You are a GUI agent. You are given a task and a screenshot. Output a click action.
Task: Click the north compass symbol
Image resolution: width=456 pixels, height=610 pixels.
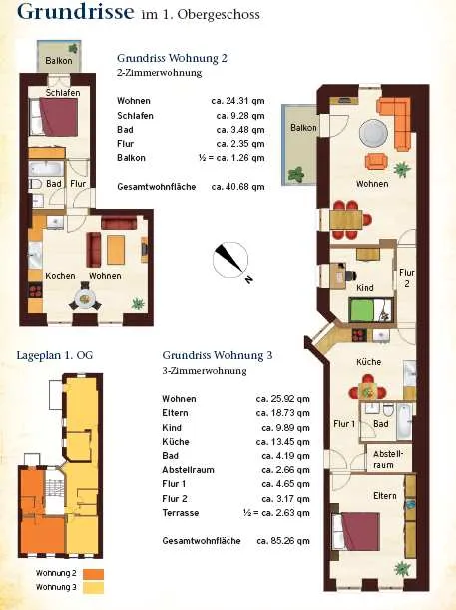coord(230,260)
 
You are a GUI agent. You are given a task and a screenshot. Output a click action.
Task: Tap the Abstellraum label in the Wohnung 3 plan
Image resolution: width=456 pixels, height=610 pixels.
coord(388,459)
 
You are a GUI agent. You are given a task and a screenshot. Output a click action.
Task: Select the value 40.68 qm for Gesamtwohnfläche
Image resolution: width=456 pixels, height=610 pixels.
coord(237,187)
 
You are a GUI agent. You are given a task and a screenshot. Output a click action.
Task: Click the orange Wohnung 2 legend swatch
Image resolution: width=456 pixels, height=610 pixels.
coord(94,574)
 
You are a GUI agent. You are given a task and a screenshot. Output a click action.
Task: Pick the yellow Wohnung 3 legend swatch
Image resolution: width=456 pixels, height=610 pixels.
coord(94,587)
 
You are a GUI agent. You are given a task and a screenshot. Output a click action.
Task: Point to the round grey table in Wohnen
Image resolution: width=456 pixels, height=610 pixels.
coord(373,133)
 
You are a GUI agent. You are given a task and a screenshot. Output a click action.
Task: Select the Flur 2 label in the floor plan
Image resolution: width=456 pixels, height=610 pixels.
coord(407,278)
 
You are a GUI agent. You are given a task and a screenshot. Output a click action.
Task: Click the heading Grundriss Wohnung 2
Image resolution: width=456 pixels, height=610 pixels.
coord(172,58)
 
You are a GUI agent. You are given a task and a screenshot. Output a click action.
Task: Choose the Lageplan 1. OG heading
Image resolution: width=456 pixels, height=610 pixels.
coord(55,355)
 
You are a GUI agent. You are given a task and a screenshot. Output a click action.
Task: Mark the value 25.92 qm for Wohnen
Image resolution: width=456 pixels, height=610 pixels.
coord(283,399)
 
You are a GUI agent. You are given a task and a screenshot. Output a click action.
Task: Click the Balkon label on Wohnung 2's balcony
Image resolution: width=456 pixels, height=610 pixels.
coord(59,60)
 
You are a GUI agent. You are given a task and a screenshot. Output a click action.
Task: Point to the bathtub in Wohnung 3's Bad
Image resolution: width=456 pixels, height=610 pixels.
coord(404,421)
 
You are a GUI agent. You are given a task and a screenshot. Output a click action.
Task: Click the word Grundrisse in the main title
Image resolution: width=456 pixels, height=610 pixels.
coord(76,11)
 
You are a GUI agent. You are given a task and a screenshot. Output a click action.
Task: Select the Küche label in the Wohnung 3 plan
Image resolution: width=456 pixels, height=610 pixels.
coord(368,362)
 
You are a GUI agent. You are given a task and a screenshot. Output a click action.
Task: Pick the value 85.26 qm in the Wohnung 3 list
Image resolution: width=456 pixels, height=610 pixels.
coord(283,541)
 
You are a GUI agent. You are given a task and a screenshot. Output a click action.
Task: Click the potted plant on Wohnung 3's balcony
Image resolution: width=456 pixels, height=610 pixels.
coord(296,174)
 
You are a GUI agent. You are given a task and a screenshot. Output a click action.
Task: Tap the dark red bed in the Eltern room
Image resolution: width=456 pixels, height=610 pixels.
coord(356,531)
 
